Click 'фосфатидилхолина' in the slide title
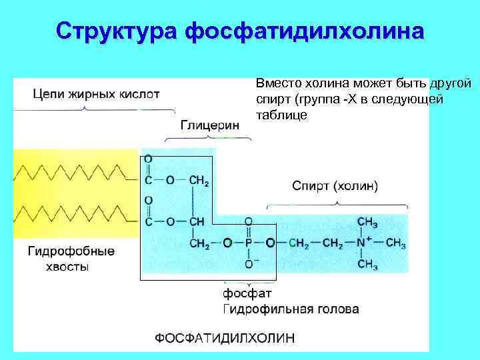(x=303, y=31)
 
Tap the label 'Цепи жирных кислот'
(x=97, y=94)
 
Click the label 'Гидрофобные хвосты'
(x=71, y=259)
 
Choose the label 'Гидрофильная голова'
(x=291, y=309)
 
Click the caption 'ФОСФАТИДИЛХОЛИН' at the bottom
(x=224, y=338)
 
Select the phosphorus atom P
(x=249, y=243)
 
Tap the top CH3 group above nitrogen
(x=367, y=221)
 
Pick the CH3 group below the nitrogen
(x=367, y=265)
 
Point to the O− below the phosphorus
(x=249, y=265)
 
